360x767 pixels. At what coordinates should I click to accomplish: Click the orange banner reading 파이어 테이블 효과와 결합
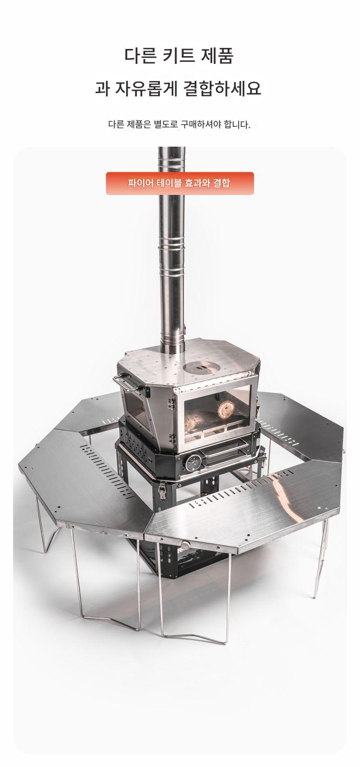[x=180, y=183]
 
